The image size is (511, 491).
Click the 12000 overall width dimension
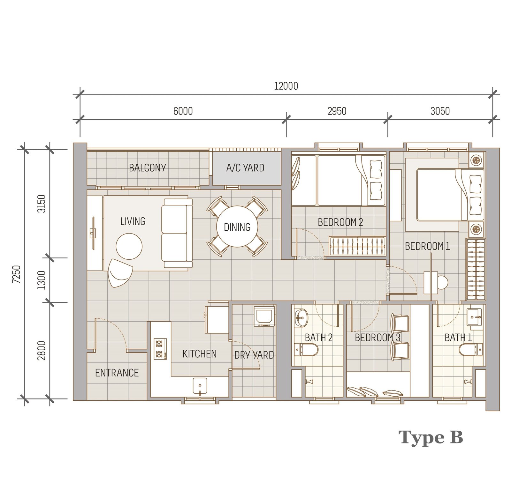click(x=286, y=86)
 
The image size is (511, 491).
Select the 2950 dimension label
click(x=337, y=111)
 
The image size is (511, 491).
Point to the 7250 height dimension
click(x=17, y=274)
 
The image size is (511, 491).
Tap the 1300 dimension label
click(x=42, y=280)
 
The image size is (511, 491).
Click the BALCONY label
click(x=147, y=168)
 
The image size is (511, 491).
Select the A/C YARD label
click(x=245, y=168)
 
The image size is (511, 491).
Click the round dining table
click(x=237, y=227)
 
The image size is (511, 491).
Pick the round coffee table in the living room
click(x=129, y=246)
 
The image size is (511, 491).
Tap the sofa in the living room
click(x=177, y=233)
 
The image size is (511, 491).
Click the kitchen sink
click(x=200, y=386)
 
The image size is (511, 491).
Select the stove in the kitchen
click(x=160, y=349)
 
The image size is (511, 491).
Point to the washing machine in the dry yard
click(x=264, y=316)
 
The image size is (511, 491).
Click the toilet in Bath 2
click(x=306, y=350)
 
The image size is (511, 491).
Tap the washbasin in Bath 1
click(x=476, y=317)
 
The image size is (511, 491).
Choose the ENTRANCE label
click(x=117, y=373)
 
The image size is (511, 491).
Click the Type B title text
click(x=431, y=438)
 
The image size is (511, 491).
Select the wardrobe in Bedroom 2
click(x=357, y=246)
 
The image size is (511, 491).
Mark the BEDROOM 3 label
click(x=378, y=338)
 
